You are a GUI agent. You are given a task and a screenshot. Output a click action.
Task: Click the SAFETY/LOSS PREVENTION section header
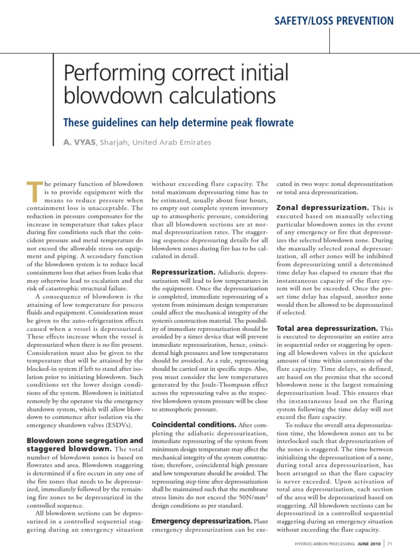pos(334,21)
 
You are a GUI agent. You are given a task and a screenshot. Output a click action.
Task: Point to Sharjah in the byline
pos(114,142)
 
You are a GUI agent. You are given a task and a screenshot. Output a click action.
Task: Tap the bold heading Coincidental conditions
pos(194,424)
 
